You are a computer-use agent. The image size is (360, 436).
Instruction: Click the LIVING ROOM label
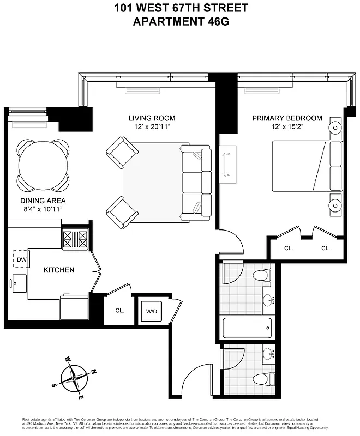(x=152, y=118)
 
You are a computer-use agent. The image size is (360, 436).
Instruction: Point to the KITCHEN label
(x=59, y=270)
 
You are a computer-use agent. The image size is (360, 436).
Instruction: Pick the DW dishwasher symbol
(x=21, y=259)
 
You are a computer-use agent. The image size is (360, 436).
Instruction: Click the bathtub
(x=247, y=329)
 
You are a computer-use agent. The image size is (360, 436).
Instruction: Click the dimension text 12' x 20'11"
(x=152, y=127)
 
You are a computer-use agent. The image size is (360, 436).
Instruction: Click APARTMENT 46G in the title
(x=181, y=22)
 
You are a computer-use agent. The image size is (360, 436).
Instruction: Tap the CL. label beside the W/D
(x=119, y=311)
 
